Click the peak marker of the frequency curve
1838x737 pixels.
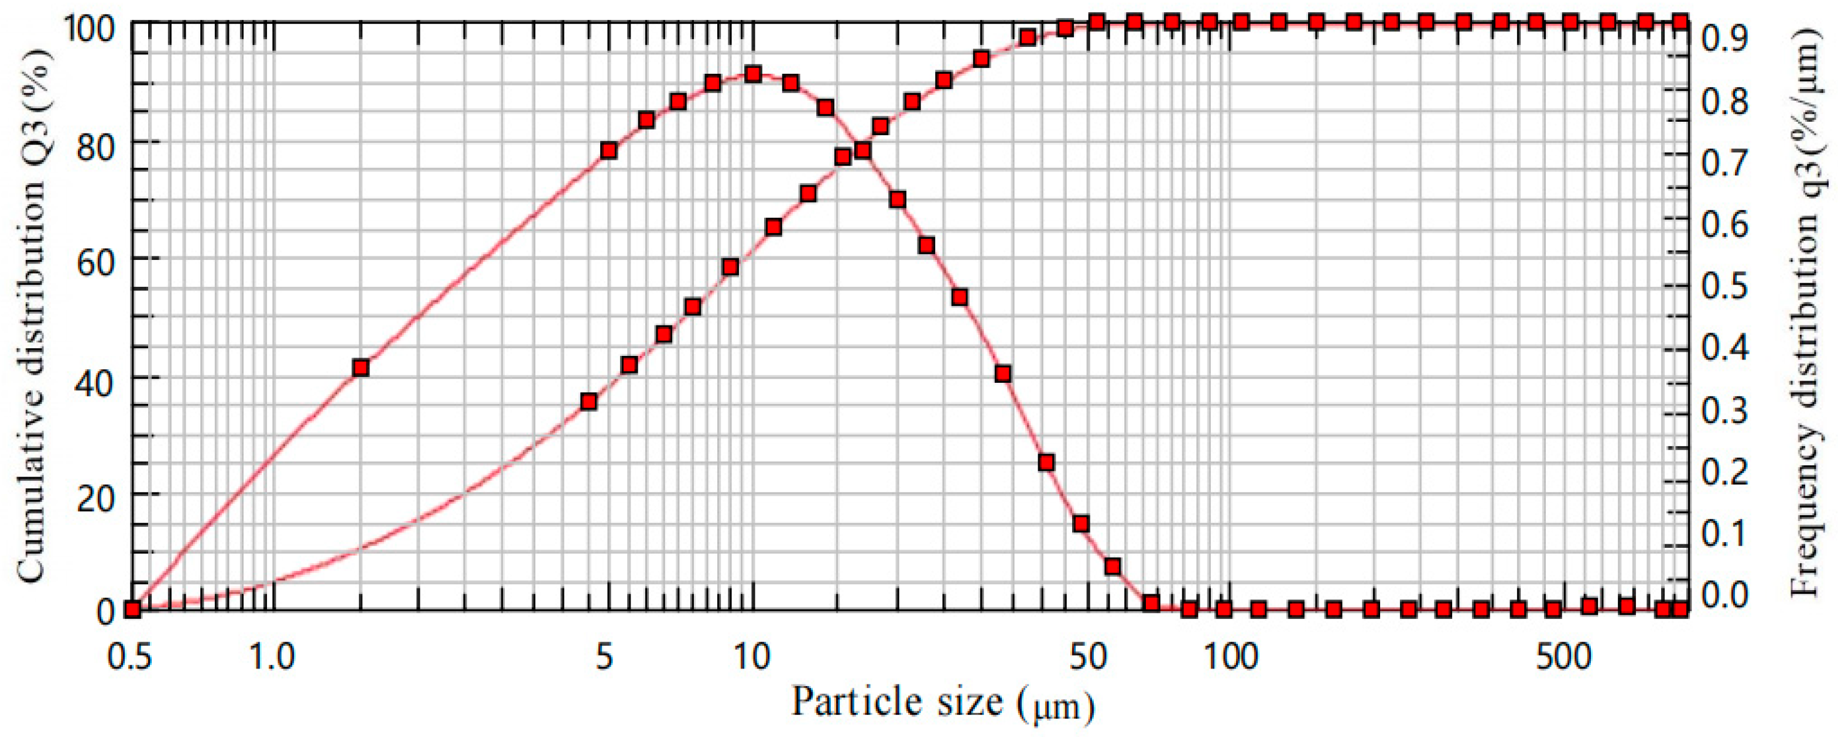753,74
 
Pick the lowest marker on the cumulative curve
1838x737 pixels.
588,402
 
